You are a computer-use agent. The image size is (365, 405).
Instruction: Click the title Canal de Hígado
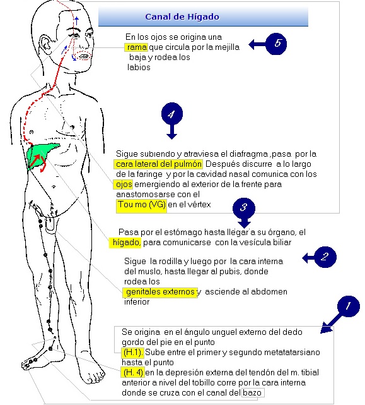coord(182,17)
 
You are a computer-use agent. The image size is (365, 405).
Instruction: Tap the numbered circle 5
coord(276,44)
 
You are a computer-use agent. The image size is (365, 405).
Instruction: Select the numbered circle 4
coord(172,114)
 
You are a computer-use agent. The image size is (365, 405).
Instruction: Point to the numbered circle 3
coord(243,208)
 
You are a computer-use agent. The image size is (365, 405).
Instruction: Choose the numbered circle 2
coord(325,257)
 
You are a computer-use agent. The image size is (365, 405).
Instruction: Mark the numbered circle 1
coord(348,306)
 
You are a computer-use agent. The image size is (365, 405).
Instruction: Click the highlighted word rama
coord(136,47)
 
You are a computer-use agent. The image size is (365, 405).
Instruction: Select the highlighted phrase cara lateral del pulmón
coord(158,164)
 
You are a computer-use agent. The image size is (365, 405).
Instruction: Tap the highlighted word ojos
coord(123,184)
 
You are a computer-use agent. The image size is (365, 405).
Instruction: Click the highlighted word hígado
coord(125,243)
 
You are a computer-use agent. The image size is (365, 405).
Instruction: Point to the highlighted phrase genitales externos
coord(160,293)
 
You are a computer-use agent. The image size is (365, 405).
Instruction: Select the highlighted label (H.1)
coord(133,353)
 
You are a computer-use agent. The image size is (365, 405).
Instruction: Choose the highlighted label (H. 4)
coord(133,372)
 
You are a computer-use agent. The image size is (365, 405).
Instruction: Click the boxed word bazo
coord(253,392)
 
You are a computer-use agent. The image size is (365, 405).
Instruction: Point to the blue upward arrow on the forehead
coord(76,21)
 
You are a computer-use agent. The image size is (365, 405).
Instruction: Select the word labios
coord(139,67)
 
